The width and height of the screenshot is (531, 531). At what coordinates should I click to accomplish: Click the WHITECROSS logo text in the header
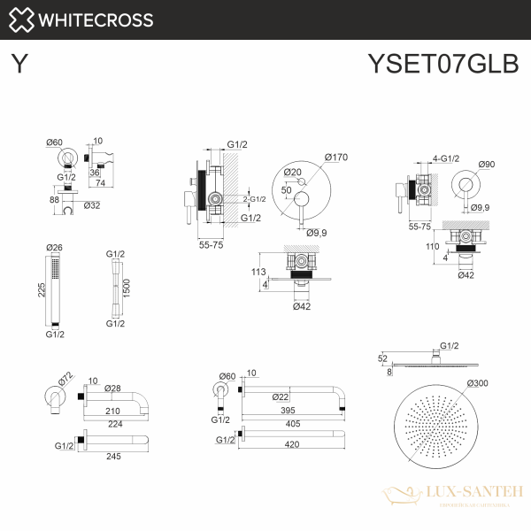97,19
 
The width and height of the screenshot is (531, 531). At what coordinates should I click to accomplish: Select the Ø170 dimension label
337,158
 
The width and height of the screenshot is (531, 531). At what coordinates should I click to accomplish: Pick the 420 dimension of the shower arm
285,440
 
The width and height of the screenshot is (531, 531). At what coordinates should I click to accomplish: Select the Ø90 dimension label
487,164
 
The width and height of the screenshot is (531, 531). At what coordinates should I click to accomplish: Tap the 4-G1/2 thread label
445,158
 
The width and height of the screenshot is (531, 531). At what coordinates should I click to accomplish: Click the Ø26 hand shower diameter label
55,247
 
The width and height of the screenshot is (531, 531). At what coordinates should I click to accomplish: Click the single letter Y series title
19,65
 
